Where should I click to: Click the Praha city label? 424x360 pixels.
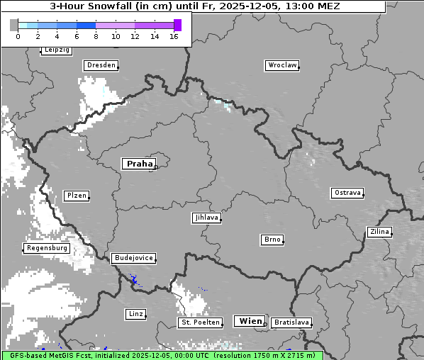(139, 164)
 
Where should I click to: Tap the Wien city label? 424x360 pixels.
(250, 321)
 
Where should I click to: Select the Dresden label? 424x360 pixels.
(100, 65)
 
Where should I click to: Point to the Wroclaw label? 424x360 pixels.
(282, 65)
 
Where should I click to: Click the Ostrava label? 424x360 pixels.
(347, 193)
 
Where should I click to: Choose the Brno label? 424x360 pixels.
(272, 240)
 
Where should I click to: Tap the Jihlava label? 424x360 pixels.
(206, 218)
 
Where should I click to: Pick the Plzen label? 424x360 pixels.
(76, 196)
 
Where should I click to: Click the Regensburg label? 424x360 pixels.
(47, 248)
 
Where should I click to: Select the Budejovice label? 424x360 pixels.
(133, 258)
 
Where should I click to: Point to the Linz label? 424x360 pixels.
(135, 313)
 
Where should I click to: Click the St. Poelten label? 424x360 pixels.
(200, 322)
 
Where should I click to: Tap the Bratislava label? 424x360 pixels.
(291, 322)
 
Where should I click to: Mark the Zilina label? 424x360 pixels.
(379, 232)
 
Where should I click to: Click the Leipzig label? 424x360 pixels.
(57, 50)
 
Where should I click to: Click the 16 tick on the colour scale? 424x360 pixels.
(174, 36)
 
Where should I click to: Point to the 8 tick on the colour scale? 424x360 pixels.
(96, 36)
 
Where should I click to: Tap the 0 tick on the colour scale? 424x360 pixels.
(18, 36)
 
